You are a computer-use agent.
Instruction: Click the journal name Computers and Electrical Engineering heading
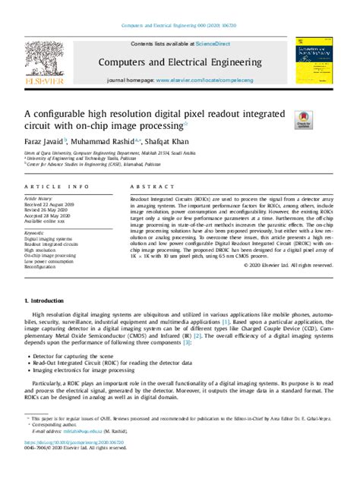click(179, 61)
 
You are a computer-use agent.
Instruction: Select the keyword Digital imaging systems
click(49, 237)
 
